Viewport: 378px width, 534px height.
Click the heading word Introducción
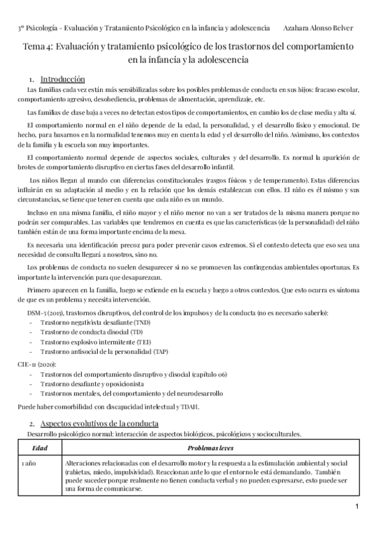pos(62,80)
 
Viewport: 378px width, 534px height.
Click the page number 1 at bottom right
pos(357,508)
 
